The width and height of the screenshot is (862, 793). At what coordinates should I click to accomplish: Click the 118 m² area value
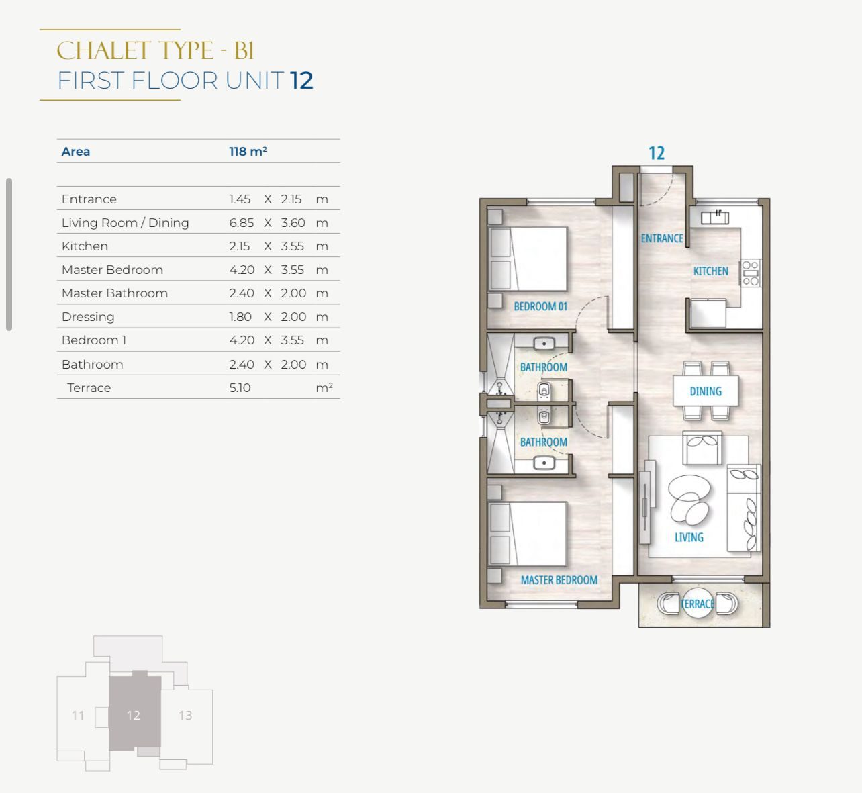click(x=248, y=151)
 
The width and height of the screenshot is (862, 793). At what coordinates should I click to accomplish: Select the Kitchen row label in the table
click(x=85, y=246)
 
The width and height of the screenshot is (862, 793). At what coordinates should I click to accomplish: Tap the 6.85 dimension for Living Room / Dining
click(x=241, y=223)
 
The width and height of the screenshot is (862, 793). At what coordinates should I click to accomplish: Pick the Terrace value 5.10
click(x=240, y=388)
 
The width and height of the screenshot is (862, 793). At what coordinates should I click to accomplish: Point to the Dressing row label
click(x=88, y=317)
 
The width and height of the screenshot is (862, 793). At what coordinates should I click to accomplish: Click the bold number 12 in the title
click(x=301, y=81)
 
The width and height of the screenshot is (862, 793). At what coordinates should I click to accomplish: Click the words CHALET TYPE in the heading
click(x=135, y=50)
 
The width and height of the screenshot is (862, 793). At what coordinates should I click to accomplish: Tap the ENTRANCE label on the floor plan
click(x=662, y=238)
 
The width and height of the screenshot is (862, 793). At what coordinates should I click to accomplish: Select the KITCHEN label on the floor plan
click(x=711, y=271)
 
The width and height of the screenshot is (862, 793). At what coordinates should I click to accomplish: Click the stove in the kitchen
click(x=751, y=273)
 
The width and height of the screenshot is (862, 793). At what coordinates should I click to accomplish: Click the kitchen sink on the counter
click(x=714, y=218)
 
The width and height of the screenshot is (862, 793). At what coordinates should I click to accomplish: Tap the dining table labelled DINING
click(x=706, y=391)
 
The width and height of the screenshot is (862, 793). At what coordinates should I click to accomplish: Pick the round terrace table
click(x=698, y=604)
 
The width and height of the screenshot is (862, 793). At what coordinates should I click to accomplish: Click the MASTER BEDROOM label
click(x=559, y=580)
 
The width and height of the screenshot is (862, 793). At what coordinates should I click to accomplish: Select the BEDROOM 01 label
click(x=540, y=306)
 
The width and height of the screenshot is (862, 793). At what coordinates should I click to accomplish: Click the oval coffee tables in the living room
click(x=689, y=500)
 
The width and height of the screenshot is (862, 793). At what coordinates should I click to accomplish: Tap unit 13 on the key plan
click(x=186, y=715)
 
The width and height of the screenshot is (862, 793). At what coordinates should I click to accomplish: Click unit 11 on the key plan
click(x=78, y=715)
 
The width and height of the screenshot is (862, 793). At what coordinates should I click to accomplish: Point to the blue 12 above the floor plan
click(x=656, y=154)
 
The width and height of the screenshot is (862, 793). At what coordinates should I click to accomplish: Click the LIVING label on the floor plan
click(x=689, y=537)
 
